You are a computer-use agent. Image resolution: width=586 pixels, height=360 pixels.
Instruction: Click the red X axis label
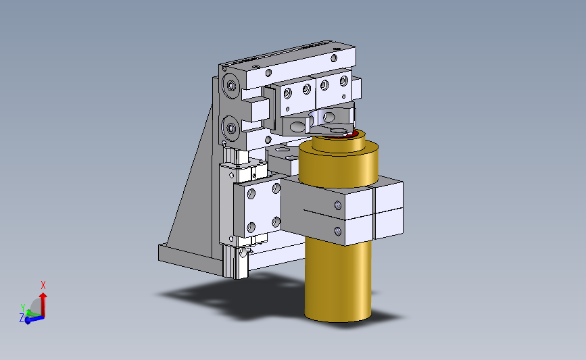[43, 285]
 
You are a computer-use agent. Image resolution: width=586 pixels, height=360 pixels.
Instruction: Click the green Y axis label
[23, 308]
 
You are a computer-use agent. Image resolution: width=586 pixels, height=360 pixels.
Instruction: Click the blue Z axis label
[22, 318]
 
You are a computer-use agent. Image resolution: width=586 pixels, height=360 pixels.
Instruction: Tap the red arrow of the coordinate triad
[43, 305]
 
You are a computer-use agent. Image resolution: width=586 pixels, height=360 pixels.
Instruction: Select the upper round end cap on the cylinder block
[230, 86]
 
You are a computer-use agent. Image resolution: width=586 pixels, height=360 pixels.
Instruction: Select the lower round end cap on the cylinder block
[230, 128]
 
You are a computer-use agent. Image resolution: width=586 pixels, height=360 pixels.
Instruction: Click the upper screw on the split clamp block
[338, 205]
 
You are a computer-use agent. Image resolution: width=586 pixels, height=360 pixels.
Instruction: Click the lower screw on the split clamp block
[338, 232]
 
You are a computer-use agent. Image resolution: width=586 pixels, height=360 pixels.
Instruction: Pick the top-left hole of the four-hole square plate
[251, 193]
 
